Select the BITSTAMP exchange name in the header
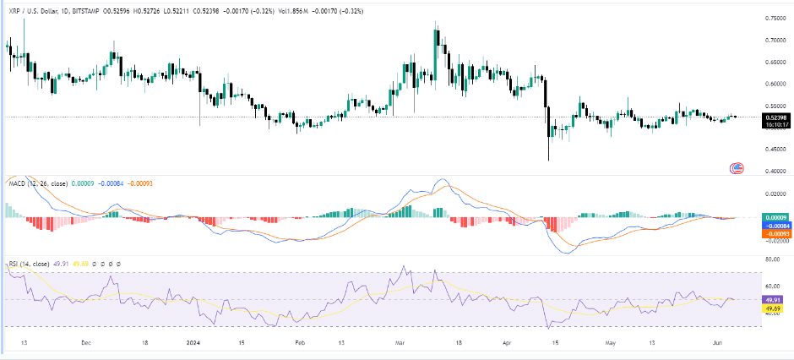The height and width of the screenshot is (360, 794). (99, 9)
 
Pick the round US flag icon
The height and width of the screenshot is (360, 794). (737, 168)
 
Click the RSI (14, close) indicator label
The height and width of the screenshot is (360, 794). (33, 265)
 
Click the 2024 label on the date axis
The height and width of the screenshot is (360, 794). (194, 344)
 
